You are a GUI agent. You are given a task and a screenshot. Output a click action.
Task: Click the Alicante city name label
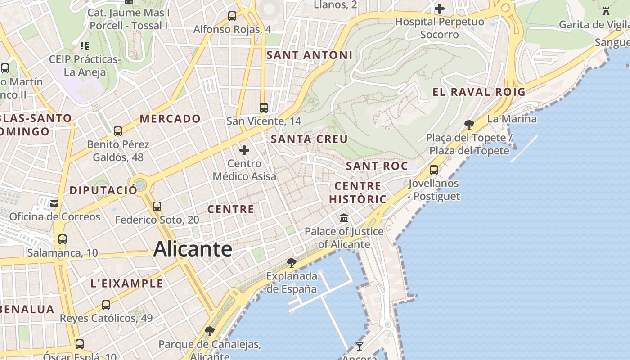193,249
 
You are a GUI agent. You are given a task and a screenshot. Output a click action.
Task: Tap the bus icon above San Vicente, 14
264,108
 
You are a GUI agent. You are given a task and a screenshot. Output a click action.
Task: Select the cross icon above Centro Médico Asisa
244,150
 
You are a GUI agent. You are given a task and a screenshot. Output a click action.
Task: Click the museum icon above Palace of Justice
344,218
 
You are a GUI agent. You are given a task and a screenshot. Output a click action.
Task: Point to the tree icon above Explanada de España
292,262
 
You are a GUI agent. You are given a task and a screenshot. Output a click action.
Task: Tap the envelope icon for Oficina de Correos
54,204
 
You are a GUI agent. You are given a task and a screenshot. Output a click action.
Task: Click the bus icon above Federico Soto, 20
157,207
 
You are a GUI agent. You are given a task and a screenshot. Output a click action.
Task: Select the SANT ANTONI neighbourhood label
310,55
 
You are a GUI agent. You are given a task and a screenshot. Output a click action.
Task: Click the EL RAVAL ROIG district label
479,92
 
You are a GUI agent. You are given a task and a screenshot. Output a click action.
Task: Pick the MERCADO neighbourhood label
170,119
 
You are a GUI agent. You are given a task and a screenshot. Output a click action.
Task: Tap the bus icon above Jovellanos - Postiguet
434,170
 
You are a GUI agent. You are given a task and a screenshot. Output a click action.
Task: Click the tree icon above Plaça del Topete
469,124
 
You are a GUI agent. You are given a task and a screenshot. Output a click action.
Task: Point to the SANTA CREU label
309,139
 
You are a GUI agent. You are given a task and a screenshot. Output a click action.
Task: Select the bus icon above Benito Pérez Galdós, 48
118,131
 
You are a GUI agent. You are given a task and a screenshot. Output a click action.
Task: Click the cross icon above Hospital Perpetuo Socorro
440,9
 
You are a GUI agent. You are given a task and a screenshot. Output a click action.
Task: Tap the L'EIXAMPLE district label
127,283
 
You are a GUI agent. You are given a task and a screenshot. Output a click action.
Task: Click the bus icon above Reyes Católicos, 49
106,305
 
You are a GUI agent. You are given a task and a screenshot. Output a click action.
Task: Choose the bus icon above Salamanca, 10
63,239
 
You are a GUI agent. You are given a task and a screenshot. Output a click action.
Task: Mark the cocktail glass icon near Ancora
359,346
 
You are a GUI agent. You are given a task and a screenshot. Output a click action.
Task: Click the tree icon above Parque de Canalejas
209,331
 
